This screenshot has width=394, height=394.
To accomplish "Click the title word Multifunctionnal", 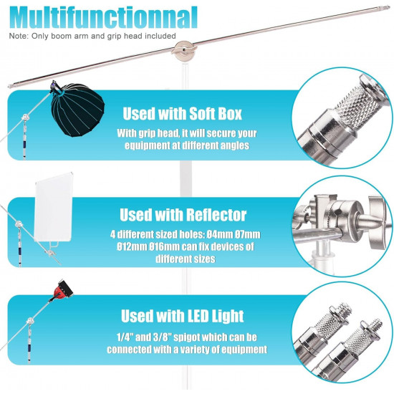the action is [x=104, y=18].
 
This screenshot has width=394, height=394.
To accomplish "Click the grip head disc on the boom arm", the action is [x=183, y=51].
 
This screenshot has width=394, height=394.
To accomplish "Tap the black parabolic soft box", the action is [x=77, y=110].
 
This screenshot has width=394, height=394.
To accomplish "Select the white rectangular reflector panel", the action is [x=54, y=207].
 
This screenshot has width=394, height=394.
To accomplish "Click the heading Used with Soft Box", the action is [x=182, y=114].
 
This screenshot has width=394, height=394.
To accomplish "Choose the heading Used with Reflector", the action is [x=183, y=215].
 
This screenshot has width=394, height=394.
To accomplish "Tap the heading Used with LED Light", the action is [x=183, y=316].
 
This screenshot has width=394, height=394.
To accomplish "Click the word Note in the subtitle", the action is [x=19, y=36].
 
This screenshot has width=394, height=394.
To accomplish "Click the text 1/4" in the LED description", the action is [x=125, y=337].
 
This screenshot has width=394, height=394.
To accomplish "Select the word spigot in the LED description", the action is [x=188, y=337].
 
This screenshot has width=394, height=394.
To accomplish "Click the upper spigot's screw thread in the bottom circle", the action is [x=345, y=309].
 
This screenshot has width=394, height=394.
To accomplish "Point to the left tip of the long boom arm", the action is [x=9, y=87].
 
